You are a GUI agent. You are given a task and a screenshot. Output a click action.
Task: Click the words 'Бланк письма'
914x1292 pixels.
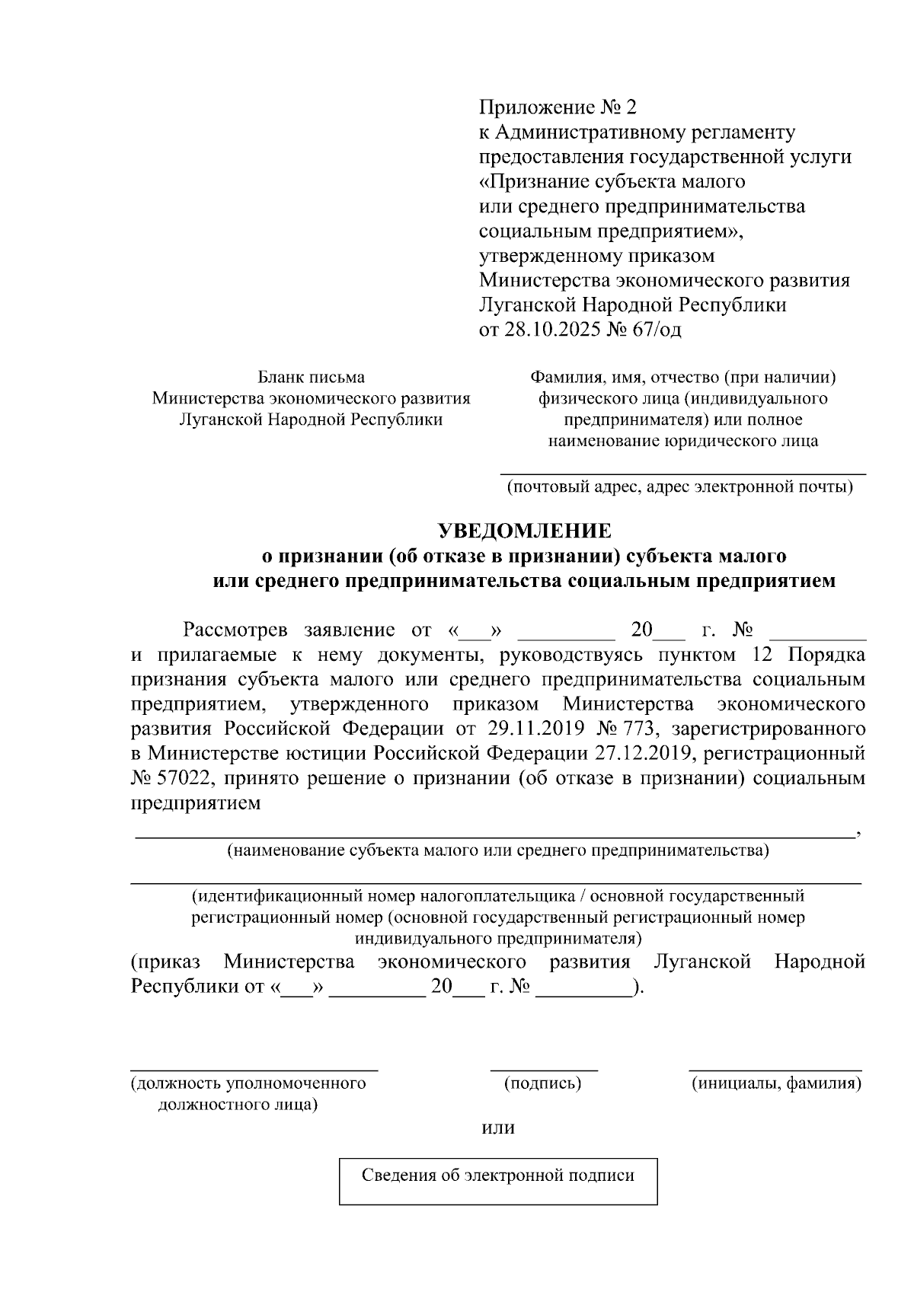click(311, 377)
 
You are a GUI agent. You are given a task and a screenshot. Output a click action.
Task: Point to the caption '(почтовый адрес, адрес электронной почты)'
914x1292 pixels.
click(680, 487)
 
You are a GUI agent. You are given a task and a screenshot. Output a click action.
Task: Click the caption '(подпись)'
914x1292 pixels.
click(543, 1083)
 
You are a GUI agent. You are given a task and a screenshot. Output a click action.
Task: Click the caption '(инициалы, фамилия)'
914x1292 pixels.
click(775, 1083)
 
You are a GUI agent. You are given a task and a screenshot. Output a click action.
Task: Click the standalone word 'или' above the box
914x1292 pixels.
click(499, 1128)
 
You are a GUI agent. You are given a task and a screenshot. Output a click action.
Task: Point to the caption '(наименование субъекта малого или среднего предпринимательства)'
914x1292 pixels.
click(497, 850)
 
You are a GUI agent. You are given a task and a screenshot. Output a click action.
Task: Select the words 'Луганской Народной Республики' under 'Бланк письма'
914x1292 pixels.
click(311, 420)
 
